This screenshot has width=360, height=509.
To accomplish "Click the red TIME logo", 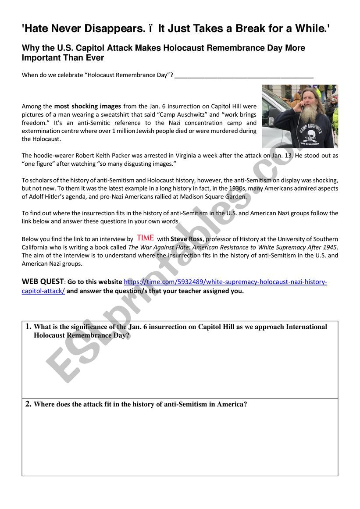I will (145, 238).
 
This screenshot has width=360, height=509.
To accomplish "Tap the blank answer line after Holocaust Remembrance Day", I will (244, 75).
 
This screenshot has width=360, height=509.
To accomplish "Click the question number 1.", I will (28, 327).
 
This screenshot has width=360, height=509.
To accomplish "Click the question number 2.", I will (28, 404).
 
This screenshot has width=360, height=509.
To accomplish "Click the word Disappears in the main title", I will (111, 29).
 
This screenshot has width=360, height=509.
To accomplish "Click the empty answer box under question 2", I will (180, 443).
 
